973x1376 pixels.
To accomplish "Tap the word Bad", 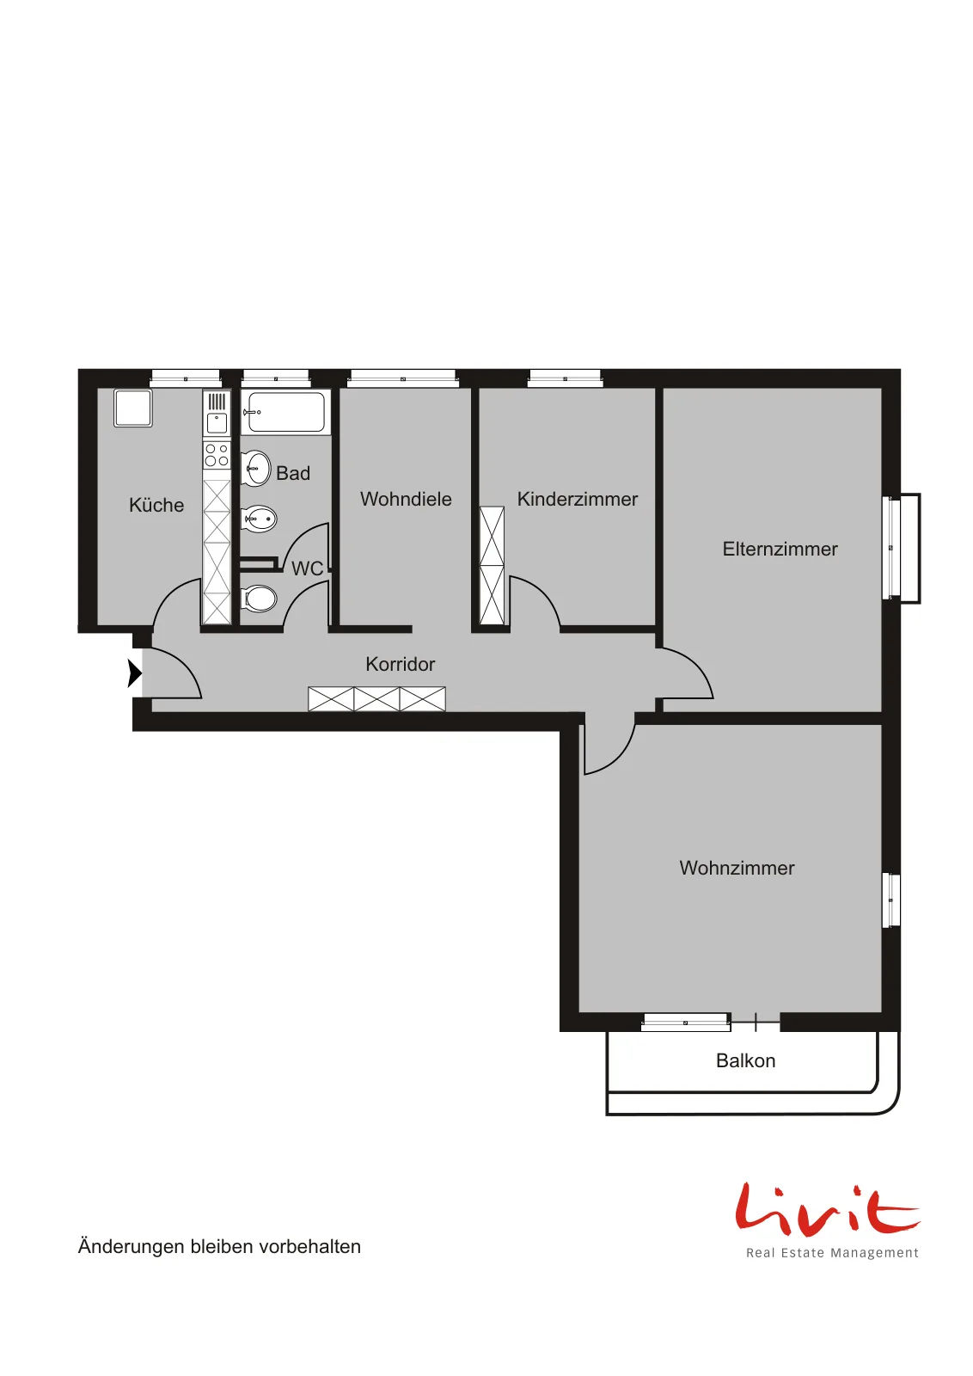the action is point(293,473).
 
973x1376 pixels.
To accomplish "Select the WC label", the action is point(307,568).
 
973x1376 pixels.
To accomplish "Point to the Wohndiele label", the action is point(406,499).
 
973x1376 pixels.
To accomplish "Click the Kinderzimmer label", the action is point(577,499).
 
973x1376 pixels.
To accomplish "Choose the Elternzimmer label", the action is point(780,549).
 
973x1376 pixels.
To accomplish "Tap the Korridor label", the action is point(401,664).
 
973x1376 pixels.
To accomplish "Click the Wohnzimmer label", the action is point(737,868).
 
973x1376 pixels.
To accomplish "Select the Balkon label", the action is point(745,1061).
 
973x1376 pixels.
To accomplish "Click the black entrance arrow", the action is point(134,673).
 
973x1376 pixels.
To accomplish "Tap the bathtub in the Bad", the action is point(286,412).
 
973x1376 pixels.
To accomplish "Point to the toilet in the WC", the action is point(260,599).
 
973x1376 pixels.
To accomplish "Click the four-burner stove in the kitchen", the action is point(217,455).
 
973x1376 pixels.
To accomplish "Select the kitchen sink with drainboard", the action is point(217,414).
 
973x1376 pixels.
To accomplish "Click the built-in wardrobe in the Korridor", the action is point(377,699).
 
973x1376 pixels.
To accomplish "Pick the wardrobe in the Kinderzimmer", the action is point(492,566).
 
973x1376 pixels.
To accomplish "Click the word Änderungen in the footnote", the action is point(132,1246).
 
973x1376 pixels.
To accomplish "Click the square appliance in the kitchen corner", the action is point(132,408).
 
